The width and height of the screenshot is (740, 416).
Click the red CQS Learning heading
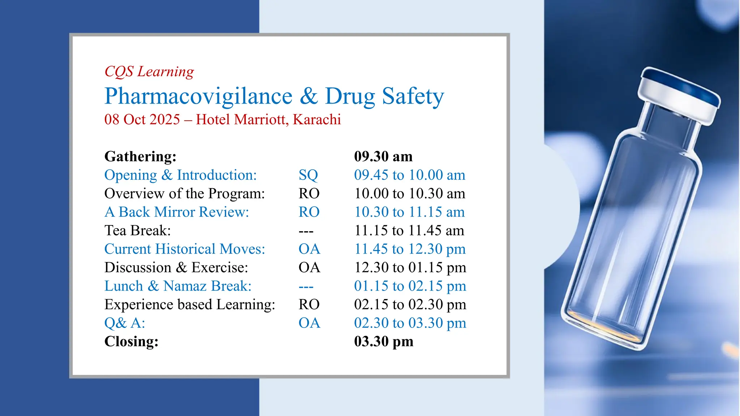[149, 71]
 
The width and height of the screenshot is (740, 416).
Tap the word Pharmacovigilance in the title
[198, 96]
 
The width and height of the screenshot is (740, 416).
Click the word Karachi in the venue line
[317, 120]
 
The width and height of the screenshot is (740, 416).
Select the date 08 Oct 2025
[142, 120]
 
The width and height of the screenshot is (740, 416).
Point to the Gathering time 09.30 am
[383, 156]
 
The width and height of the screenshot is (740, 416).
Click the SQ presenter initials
[308, 175]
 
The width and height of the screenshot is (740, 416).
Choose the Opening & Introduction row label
[180, 175]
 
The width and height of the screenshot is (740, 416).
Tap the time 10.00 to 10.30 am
[409, 194]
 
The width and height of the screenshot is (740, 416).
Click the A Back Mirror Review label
[177, 212]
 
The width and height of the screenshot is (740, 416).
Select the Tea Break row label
[138, 230]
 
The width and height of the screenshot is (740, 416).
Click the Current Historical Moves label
[185, 249]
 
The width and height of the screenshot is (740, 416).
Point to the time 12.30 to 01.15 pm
[410, 268]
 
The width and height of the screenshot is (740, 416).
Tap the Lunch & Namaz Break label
[178, 286]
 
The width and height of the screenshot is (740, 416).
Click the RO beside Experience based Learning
[309, 304]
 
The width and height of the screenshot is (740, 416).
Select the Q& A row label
[125, 323]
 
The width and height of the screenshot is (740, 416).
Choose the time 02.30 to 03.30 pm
[410, 323]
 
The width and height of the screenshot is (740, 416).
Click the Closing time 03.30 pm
[383, 341]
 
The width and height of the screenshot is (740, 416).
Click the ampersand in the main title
[309, 96]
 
